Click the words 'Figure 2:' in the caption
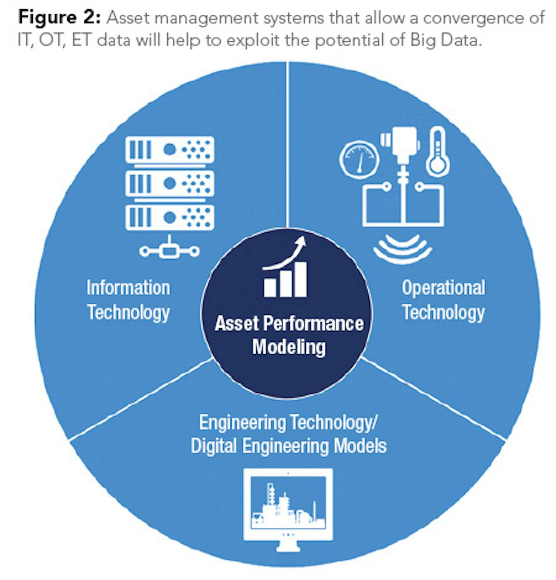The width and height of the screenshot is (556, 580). coord(59,18)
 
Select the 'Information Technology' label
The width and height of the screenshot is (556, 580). coord(128,300)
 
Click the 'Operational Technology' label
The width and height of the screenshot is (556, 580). coord(443,300)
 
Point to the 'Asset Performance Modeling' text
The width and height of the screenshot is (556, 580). coord(289,335)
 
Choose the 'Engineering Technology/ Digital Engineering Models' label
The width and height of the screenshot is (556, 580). coord(288,434)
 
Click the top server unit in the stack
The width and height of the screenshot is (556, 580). coord(170,149)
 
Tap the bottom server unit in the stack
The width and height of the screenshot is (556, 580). coord(170,217)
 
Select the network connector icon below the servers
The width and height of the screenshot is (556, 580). coord(170,250)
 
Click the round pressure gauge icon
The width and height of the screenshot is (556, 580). coord(360,159)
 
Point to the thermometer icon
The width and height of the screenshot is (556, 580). coord(437,153)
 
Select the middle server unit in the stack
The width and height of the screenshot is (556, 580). coord(170,183)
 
